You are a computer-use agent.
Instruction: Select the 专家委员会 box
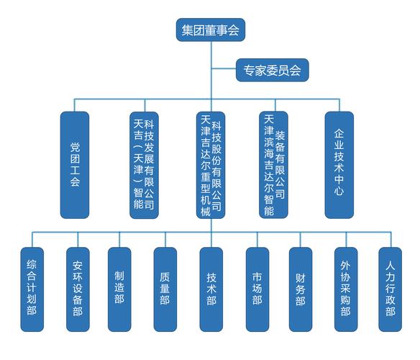[x=272, y=70]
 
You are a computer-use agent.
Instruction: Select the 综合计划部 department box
[x=31, y=287]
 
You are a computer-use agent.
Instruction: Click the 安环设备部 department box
[x=77, y=287]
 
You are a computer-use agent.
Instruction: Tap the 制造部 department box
[x=119, y=287]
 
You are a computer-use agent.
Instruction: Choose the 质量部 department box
[x=165, y=287]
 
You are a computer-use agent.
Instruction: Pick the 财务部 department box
[x=300, y=287]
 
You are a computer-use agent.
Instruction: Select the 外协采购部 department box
[x=345, y=287]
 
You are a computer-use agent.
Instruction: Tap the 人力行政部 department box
[x=389, y=287]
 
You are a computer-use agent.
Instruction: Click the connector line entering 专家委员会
[x=223, y=70]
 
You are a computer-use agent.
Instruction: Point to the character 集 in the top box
[x=186, y=29]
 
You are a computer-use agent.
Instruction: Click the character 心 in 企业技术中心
[x=339, y=192]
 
